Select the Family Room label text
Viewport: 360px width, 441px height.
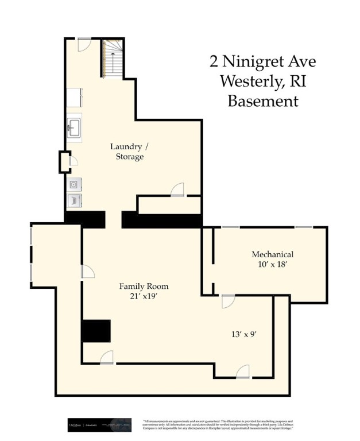tap(144, 286)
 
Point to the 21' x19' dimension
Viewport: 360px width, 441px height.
tap(144, 296)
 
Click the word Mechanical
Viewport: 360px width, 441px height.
tap(273, 254)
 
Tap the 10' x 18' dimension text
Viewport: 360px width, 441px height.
tap(273, 265)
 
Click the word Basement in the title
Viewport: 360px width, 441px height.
tap(263, 101)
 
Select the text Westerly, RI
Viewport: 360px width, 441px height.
tap(263, 81)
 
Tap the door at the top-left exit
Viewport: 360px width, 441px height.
tap(84, 44)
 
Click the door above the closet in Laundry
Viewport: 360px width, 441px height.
tap(177, 189)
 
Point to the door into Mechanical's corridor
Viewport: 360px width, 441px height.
tap(228, 301)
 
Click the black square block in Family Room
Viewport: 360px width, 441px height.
tap(95, 331)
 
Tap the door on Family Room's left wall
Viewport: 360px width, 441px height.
tap(87, 273)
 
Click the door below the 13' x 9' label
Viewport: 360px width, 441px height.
tap(242, 372)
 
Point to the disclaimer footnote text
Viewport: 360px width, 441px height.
tap(218, 425)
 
